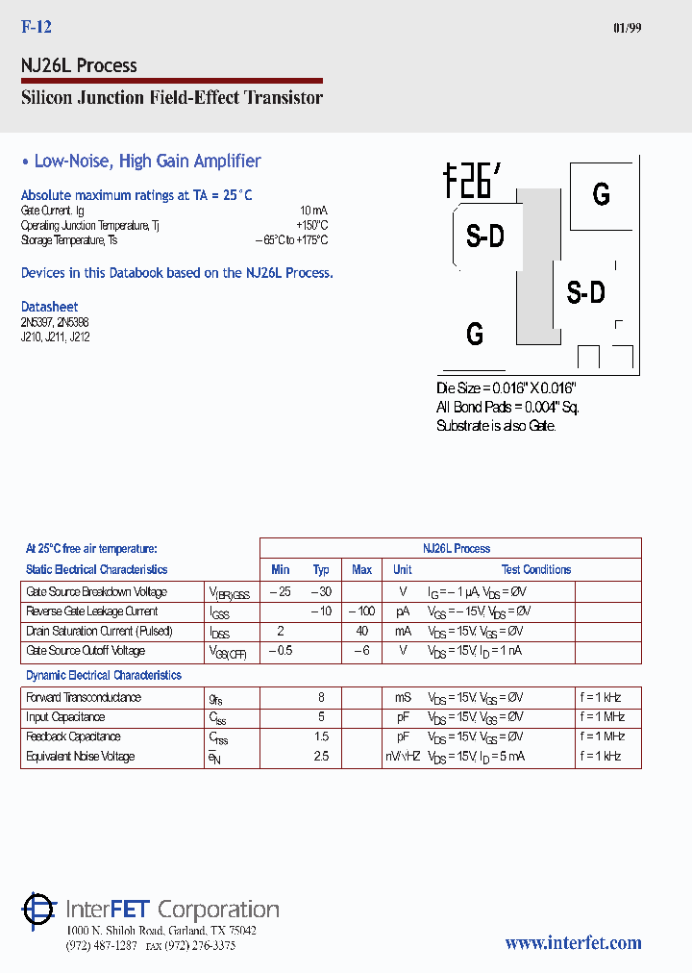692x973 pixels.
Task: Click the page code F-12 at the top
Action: click(x=36, y=28)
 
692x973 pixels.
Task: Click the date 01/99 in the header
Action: click(x=627, y=28)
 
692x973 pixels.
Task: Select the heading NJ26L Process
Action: click(x=79, y=65)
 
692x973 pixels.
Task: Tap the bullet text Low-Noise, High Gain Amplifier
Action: click(x=147, y=162)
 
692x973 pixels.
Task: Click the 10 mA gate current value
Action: click(x=313, y=210)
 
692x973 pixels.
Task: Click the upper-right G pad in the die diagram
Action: click(x=601, y=194)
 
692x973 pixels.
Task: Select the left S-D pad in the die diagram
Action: click(x=484, y=237)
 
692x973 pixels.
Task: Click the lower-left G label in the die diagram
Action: click(x=475, y=334)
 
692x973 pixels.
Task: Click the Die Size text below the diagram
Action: click(x=506, y=387)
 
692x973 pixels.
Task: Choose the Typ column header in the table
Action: click(x=321, y=570)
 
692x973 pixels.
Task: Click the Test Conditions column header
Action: click(x=535, y=570)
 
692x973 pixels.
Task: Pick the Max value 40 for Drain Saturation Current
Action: click(x=361, y=632)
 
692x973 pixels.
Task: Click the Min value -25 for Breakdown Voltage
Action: click(x=280, y=592)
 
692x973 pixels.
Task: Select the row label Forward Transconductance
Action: click(x=84, y=698)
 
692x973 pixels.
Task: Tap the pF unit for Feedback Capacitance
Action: click(x=402, y=736)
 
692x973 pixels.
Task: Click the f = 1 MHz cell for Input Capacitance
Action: click(x=601, y=717)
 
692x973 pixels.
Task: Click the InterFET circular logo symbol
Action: click(x=38, y=910)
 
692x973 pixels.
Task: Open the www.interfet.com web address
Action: click(x=573, y=943)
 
